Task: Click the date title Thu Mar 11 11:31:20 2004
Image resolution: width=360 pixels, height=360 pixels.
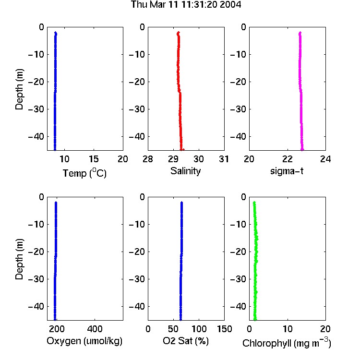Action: pyautogui.click(x=186, y=5)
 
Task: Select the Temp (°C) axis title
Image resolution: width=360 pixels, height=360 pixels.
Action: pyautogui.click(x=84, y=173)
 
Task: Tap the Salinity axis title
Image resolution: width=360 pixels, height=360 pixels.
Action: pyautogui.click(x=185, y=171)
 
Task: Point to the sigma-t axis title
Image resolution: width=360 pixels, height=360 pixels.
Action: pyautogui.click(x=287, y=171)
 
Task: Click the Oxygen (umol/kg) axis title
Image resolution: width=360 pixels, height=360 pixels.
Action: pyautogui.click(x=84, y=341)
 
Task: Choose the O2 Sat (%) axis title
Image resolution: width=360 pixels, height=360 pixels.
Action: pyautogui.click(x=186, y=341)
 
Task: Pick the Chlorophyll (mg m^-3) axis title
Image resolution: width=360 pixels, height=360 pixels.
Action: pyautogui.click(x=287, y=343)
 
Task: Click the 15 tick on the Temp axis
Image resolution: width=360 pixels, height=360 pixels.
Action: pyautogui.click(x=94, y=159)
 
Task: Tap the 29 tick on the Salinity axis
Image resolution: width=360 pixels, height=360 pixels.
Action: pyautogui.click(x=173, y=159)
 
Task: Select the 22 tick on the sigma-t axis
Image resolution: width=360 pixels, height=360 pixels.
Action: pyautogui.click(x=288, y=159)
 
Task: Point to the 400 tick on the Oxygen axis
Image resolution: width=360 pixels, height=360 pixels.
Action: pyautogui.click(x=95, y=329)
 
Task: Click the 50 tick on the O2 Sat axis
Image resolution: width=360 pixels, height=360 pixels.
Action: pyautogui.click(x=173, y=329)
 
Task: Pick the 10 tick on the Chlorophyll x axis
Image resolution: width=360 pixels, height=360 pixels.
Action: pyautogui.click(x=288, y=329)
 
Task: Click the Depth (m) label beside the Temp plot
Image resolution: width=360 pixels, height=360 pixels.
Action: pyautogui.click(x=19, y=89)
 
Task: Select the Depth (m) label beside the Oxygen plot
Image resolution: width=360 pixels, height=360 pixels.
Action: pyautogui.click(x=19, y=259)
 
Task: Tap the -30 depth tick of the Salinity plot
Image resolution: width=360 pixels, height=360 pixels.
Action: pyautogui.click(x=137, y=109)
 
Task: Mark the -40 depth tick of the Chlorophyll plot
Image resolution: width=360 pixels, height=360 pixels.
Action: pyautogui.click(x=238, y=306)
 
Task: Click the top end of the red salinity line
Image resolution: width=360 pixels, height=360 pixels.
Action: pyautogui.click(x=179, y=32)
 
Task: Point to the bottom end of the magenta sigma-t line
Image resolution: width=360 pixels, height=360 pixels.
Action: pyautogui.click(x=302, y=150)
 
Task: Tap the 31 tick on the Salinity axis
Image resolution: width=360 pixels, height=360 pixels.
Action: pyautogui.click(x=224, y=159)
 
